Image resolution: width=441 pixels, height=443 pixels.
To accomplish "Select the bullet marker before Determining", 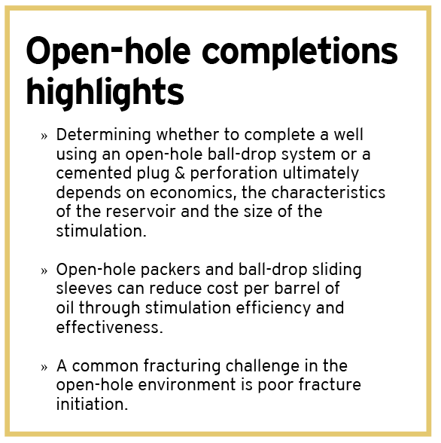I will pos(44,137).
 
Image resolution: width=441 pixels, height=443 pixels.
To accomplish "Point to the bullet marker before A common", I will pos(44,368).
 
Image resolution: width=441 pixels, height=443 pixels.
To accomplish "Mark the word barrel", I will pos(299,289).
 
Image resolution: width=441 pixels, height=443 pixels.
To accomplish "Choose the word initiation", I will pos(90,404).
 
